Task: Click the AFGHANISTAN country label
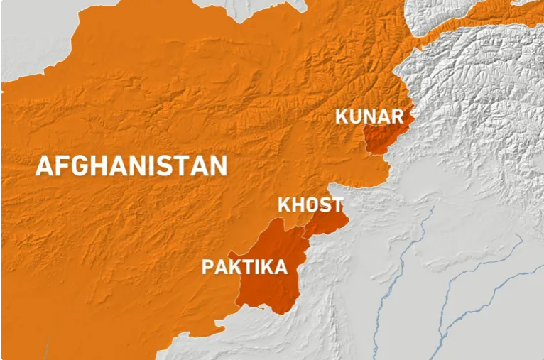tap(131, 165)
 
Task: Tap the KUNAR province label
tap(369, 116)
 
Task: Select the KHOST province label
tap(310, 205)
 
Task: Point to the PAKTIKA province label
tap(245, 267)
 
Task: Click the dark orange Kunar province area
tap(383, 138)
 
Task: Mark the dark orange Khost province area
tap(327, 222)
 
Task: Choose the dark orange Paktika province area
tap(273, 284)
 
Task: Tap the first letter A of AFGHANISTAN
tap(44, 165)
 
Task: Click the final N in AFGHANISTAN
tap(218, 165)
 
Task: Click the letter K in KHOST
tap(283, 205)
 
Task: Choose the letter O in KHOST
tap(312, 205)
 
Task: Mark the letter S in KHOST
tap(325, 205)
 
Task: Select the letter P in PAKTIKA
tap(208, 267)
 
